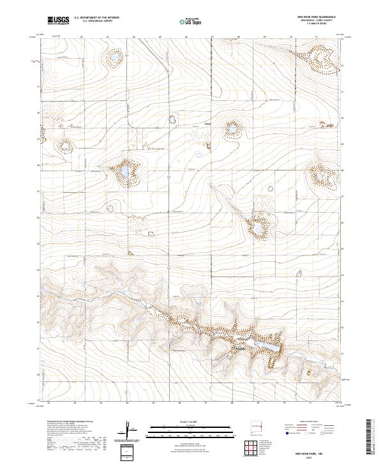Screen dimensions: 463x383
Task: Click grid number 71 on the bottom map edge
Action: tap(310, 403)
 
